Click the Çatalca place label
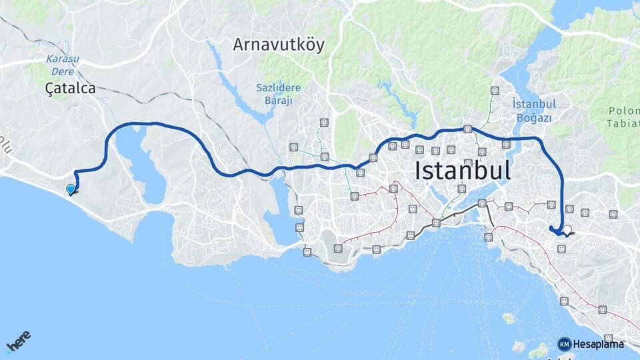(70, 87)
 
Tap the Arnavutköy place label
(278, 45)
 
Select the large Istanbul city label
(463, 170)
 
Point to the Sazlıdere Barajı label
(278, 94)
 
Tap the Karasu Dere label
(63, 64)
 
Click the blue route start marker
(71, 189)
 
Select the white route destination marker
(567, 231)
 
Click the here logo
(18, 342)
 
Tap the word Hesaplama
(598, 344)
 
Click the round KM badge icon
(564, 344)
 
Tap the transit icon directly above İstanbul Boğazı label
(494, 91)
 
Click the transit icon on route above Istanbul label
(468, 129)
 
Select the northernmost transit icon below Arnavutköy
(324, 123)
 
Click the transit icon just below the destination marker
(561, 249)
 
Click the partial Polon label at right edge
(623, 117)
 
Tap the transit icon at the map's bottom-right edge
(608, 339)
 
